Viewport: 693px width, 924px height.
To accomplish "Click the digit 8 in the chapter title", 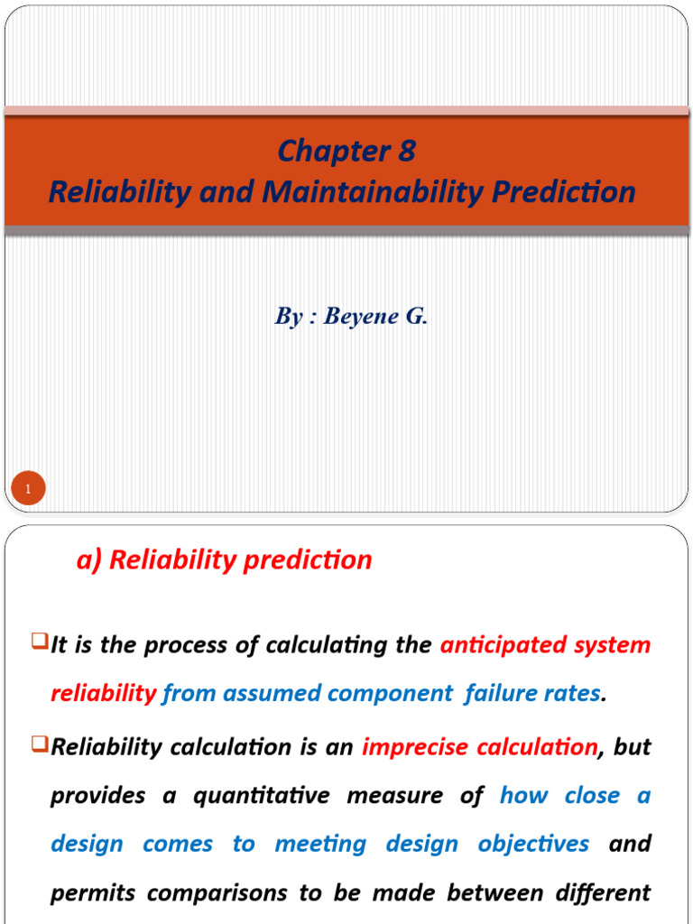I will (406, 152).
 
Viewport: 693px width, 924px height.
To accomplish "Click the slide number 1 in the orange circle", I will (28, 490).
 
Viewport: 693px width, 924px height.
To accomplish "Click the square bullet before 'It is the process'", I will (39, 643).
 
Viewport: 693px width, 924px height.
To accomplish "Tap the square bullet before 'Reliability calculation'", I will (39, 745).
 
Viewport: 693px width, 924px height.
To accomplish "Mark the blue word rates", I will (575, 693).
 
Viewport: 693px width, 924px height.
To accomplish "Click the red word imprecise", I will (416, 747).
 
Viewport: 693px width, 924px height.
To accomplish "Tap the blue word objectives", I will (533, 845).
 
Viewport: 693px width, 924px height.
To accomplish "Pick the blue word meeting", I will (320, 845).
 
